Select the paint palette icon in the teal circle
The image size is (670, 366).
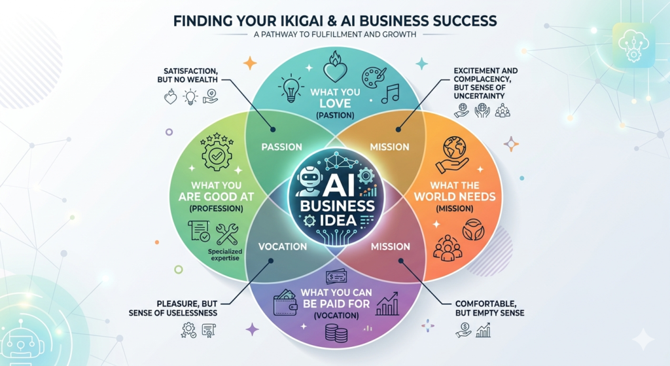[374, 77]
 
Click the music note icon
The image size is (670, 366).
[390, 93]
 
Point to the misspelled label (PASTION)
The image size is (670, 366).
[335, 115]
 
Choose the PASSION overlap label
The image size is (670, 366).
[281, 147]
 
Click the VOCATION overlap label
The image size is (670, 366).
[283, 246]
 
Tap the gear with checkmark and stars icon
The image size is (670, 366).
[217, 153]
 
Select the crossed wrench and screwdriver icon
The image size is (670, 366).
[227, 234]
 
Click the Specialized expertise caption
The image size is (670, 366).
[225, 255]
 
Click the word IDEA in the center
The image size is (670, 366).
[337, 220]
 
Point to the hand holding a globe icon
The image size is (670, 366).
[451, 155]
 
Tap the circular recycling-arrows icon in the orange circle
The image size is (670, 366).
[474, 230]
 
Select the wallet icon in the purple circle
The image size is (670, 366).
[285, 302]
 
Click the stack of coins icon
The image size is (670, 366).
[336, 333]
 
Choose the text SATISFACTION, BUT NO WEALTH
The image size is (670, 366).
[190, 75]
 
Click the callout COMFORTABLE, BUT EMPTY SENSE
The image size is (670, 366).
[489, 308]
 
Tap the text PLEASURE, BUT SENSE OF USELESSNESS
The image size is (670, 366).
[173, 308]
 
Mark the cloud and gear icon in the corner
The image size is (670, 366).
[633, 45]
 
